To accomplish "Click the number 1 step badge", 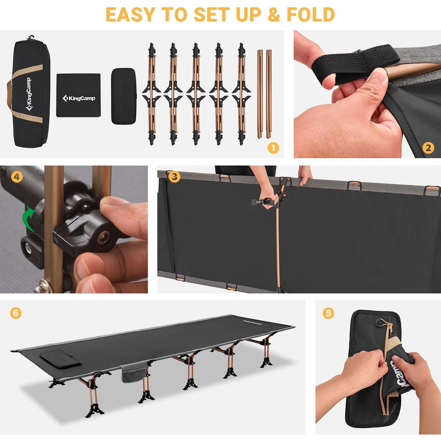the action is (273, 148).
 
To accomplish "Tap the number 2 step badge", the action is (428, 148).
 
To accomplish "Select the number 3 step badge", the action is (175, 177).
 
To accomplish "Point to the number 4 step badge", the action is (17, 177).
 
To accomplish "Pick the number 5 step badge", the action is (328, 313).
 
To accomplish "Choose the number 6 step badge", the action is (16, 313).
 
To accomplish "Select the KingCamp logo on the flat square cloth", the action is (79, 98).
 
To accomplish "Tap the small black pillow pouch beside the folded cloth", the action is (123, 96).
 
